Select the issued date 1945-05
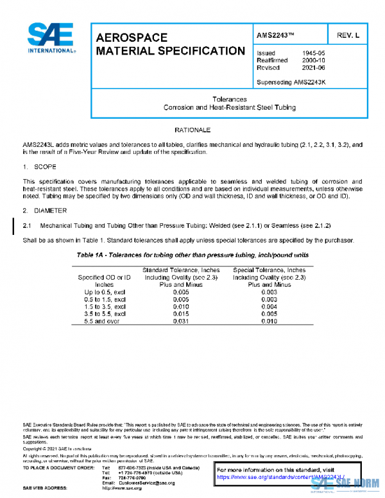pyautogui.click(x=313, y=53)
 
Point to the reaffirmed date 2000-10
pyautogui.click(x=313, y=60)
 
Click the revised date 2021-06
pyautogui.click(x=313, y=67)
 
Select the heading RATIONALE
pyautogui.click(x=193, y=130)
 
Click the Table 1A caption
pyautogui.click(x=193, y=255)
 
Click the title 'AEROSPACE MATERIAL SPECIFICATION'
pyautogui.click(x=170, y=44)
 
